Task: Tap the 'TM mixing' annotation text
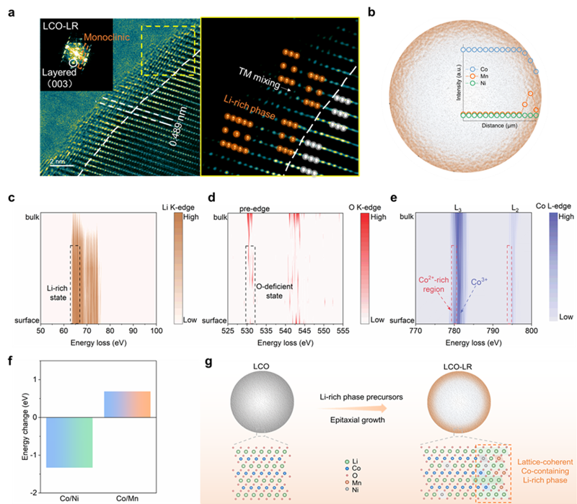(x=260, y=74)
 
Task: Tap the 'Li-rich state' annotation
(x=56, y=296)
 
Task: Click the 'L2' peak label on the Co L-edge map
(x=514, y=208)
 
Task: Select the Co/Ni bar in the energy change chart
(x=69, y=442)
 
